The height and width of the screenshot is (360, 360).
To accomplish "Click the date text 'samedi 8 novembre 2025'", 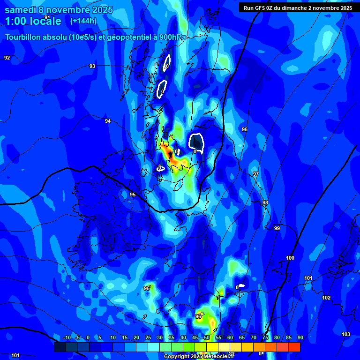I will click(59, 9).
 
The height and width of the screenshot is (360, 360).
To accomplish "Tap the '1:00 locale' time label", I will click(33, 21).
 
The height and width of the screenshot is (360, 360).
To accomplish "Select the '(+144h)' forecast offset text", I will click(83, 21).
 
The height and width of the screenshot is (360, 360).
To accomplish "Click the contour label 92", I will click(7, 58).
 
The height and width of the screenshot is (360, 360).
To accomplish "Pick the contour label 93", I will click(92, 66).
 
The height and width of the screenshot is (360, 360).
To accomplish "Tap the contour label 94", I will click(108, 121).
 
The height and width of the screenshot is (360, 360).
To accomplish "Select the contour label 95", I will click(133, 195).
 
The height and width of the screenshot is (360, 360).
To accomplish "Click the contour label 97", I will click(255, 174).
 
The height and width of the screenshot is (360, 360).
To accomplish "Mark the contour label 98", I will click(265, 202).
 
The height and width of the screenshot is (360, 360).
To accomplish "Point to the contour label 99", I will click(277, 228).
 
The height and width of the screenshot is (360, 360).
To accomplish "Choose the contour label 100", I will click(290, 258).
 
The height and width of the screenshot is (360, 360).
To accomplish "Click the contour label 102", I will click(326, 298).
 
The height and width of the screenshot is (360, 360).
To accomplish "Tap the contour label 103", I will click(346, 334).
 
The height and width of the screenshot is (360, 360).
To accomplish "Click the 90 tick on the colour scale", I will click(300, 337).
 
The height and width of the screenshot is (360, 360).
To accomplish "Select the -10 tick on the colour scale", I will click(67, 337).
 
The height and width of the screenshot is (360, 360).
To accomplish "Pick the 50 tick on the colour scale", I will click(206, 337).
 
